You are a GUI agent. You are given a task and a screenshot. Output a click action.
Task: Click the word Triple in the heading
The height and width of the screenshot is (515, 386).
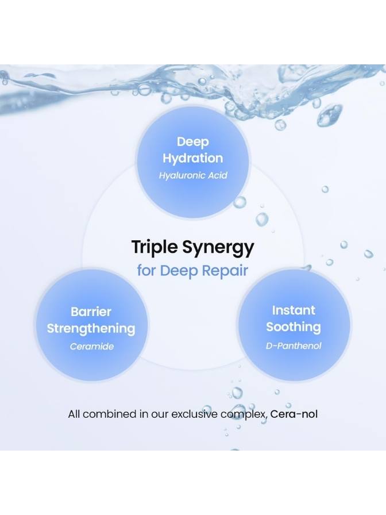(155, 247)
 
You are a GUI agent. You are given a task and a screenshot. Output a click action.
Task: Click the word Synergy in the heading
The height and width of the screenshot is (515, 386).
(218, 248)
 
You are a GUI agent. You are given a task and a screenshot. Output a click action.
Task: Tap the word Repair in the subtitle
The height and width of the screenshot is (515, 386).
(225, 271)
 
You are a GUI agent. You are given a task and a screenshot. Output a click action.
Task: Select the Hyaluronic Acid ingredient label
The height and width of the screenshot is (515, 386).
(193, 175)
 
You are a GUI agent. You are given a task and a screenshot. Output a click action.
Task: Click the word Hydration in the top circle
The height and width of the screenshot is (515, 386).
(193, 158)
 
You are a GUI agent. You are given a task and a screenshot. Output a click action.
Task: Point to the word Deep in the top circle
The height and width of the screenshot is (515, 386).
(193, 142)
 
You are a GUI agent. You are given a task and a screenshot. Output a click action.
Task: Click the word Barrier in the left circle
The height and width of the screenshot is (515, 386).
(91, 312)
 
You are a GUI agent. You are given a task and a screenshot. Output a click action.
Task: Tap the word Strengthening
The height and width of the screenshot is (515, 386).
(91, 328)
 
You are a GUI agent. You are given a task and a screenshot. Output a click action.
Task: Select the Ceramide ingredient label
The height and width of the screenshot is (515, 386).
(92, 347)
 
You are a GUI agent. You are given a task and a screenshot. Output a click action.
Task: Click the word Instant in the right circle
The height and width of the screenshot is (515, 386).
(294, 310)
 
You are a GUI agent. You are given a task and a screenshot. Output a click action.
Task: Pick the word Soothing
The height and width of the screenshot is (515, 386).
(294, 327)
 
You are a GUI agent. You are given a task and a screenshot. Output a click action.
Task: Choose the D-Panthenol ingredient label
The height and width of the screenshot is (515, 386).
(294, 345)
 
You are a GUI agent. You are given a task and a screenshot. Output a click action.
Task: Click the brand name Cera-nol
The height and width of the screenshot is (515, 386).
(294, 414)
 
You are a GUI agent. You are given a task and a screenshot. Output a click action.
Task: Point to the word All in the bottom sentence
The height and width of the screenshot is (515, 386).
(74, 414)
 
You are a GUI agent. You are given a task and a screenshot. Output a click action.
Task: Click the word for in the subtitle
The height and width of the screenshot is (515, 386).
(146, 271)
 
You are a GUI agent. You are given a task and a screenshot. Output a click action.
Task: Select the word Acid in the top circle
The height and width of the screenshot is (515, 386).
(218, 175)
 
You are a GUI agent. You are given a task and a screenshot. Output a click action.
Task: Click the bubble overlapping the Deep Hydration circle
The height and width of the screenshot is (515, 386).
(240, 202)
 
